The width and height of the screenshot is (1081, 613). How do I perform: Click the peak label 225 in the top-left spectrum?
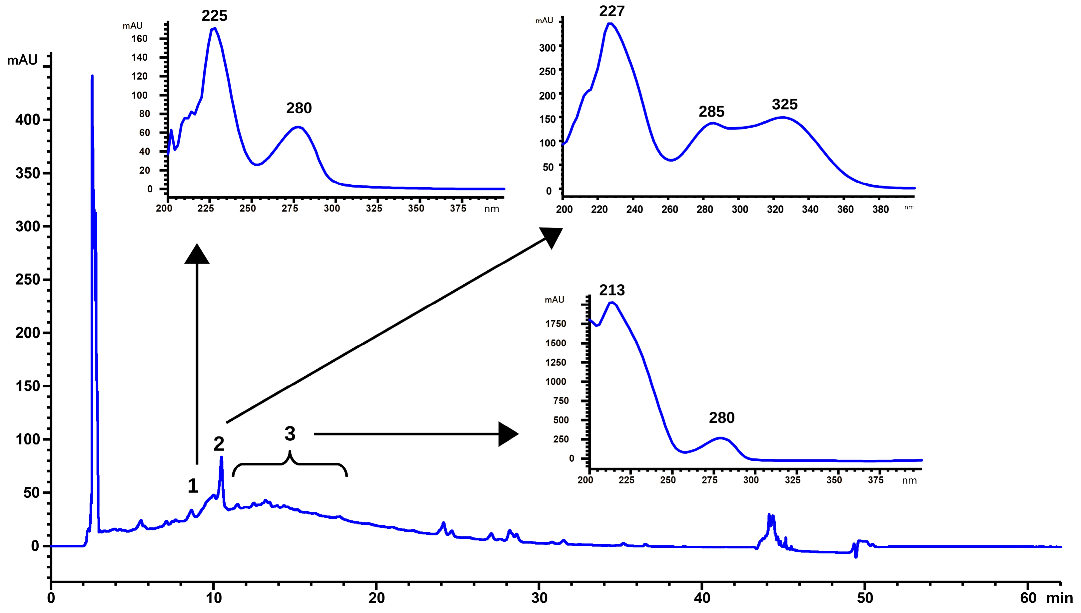point(214,16)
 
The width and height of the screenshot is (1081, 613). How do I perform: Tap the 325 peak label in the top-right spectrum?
point(784,104)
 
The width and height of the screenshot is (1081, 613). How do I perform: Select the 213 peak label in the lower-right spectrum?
point(612,290)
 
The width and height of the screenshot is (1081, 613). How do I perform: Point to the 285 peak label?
point(711,112)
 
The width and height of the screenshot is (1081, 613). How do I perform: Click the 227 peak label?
point(612,11)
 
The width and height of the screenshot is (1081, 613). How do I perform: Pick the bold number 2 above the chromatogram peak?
point(219,444)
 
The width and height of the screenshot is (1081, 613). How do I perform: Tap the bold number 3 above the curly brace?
point(290,434)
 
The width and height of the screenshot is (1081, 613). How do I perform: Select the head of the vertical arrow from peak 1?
point(197,254)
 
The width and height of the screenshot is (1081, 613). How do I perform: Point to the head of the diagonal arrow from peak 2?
point(552,237)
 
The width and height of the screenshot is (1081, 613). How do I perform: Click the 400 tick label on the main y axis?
point(27,120)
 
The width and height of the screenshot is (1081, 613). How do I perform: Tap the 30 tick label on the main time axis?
point(539,598)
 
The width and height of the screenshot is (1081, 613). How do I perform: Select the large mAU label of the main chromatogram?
point(22,60)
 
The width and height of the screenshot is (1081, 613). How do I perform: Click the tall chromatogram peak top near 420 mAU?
point(92,77)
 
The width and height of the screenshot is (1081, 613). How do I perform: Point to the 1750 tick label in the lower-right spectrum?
point(555,324)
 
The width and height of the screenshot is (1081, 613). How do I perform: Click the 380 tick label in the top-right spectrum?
point(880,210)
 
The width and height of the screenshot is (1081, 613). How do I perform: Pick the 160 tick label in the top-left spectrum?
point(139,39)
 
